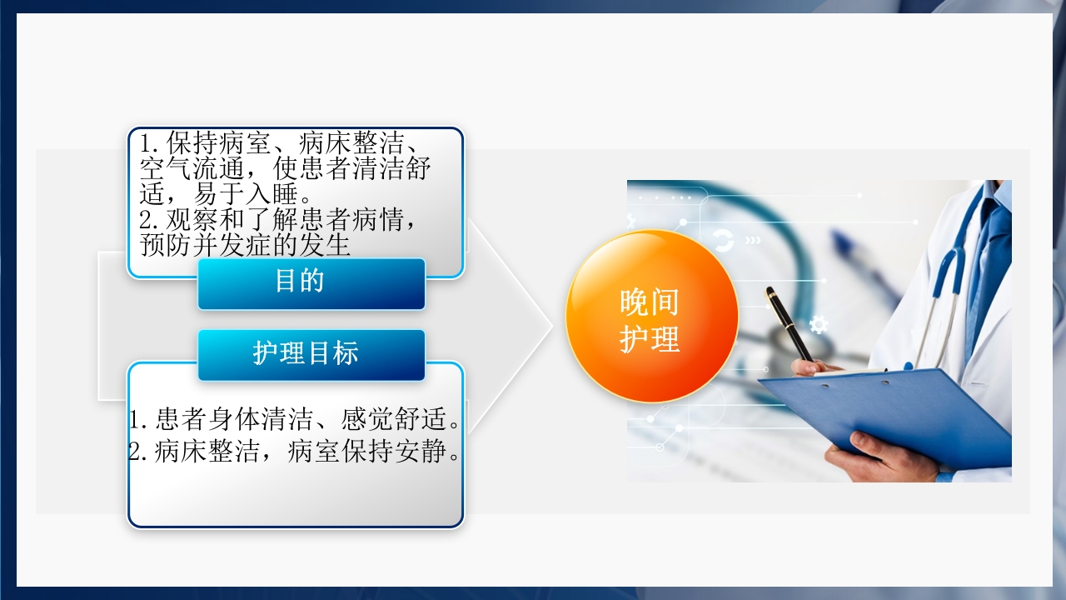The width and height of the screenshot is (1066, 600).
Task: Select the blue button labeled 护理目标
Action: [x=311, y=354]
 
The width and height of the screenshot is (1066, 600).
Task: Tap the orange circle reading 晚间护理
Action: [x=651, y=317]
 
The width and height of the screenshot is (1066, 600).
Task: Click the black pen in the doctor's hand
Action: [x=788, y=322]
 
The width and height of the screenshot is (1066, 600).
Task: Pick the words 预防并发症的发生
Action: [x=245, y=246]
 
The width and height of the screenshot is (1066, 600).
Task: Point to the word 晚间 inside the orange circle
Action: [x=650, y=302]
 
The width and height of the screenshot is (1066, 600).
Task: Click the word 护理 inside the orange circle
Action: [x=650, y=339]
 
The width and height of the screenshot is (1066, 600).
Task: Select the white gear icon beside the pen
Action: [x=819, y=324]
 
